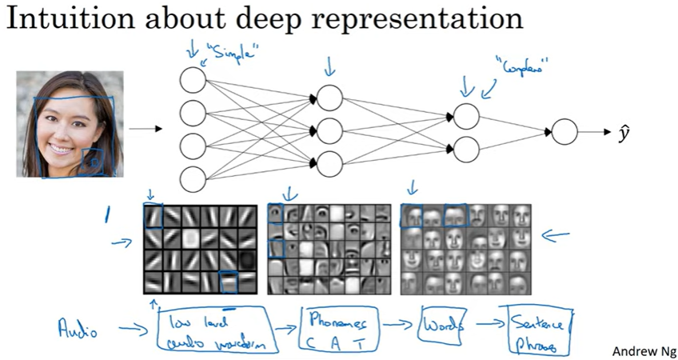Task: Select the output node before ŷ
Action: point(564,131)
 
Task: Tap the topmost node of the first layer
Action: point(193,80)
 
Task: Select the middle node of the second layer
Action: point(330,128)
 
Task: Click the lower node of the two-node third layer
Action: point(466,148)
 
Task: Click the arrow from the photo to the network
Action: point(146,128)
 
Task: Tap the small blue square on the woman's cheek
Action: point(94,162)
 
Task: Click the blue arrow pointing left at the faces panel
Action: point(557,236)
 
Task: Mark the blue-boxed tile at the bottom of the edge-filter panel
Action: point(229,282)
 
